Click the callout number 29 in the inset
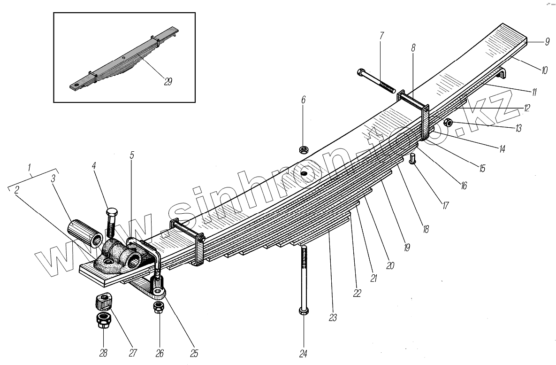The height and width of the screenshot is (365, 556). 168,81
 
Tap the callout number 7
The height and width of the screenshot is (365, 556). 381,35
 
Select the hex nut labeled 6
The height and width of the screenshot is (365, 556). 303,150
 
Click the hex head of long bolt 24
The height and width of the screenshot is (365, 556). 304,311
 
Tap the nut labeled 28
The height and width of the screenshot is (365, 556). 103,322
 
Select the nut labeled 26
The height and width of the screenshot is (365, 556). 158,308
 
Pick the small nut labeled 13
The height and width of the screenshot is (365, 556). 448,123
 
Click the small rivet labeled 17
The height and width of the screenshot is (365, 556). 412,158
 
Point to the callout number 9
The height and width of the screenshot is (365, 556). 547,42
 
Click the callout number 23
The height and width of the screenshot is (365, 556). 333,318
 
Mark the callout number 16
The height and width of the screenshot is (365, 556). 463,186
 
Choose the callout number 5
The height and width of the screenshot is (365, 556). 132,155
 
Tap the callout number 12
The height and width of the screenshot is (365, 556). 527,108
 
